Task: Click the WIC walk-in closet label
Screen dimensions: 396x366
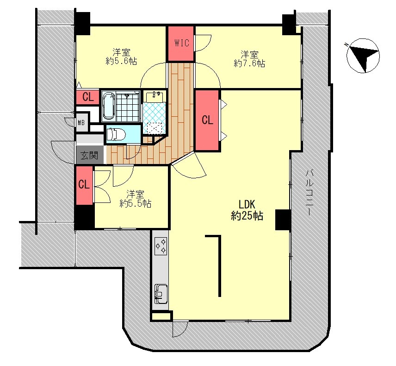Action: pos(182,43)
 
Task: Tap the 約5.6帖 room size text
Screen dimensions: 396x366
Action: pos(121,61)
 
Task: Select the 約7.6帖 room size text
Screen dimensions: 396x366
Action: pos(249,63)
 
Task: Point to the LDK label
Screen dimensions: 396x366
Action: pos(247,204)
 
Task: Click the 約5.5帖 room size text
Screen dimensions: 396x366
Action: pos(136,203)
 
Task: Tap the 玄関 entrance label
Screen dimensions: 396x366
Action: pos(89,155)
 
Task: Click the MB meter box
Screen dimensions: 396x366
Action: pos(81,123)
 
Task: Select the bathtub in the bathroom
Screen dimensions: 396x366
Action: pos(109,106)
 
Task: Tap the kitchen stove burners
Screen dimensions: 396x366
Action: pos(161,246)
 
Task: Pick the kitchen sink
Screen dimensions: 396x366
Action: pos(161,294)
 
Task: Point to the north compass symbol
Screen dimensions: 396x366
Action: pos(363,56)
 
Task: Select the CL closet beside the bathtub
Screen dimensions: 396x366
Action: pos(88,97)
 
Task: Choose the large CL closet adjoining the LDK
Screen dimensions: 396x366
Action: pos(207,120)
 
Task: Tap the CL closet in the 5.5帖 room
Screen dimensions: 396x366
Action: pos(84,185)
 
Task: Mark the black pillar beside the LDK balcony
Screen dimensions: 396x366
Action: pos(282,220)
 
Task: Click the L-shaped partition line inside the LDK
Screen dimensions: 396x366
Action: pos(219,265)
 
